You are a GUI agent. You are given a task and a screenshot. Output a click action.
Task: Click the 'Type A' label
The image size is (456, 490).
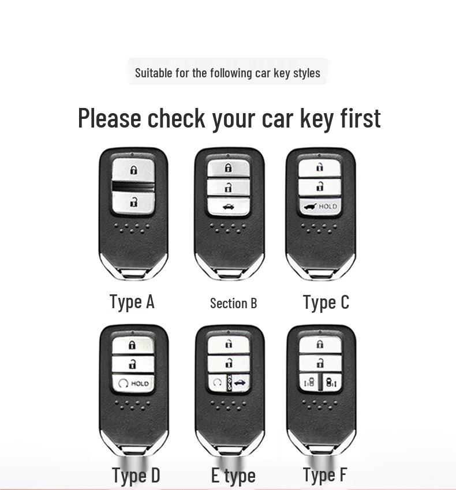tap(132, 302)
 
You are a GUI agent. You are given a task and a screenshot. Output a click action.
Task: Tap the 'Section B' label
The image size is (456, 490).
tap(233, 304)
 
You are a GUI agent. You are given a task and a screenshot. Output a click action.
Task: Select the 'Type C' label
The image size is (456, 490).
tap(326, 302)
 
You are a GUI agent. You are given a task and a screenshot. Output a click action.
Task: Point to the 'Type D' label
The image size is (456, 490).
tap(136, 476)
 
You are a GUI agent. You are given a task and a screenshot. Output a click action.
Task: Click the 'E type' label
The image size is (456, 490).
tap(233, 476)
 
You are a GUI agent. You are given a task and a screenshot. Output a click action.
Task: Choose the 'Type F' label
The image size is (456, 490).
tap(325, 474)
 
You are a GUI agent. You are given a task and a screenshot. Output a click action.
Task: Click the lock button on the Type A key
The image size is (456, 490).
tap(134, 170)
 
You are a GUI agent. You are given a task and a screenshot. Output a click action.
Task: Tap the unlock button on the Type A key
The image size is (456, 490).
tap(134, 202)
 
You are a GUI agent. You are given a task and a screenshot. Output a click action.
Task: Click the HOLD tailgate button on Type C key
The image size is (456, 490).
tap(320, 207)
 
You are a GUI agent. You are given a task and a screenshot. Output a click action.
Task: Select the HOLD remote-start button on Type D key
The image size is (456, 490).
tap(133, 383)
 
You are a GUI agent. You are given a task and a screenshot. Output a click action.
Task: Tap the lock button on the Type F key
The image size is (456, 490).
tap(320, 345)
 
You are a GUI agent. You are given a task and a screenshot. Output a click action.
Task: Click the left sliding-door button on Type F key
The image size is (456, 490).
tap(309, 382)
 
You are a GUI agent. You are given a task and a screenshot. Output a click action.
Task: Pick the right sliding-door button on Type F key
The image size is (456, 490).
tap(331, 382)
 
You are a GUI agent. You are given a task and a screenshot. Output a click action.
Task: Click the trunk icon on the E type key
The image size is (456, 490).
tap(239, 382)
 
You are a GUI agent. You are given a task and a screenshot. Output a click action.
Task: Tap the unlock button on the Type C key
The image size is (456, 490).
tap(320, 187)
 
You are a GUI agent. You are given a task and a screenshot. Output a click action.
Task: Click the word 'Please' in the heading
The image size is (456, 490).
tap(110, 118)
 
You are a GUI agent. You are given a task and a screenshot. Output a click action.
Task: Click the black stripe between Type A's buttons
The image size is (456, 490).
tap(134, 186)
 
